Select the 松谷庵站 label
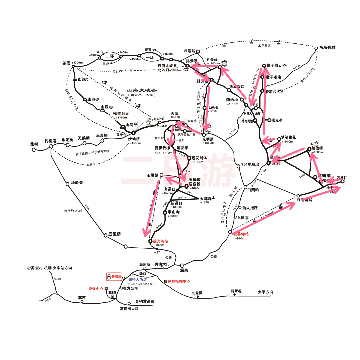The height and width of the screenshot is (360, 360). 328,48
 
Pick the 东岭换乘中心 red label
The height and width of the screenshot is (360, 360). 179,281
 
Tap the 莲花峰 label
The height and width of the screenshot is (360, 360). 199,158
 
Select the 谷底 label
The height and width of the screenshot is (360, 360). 67,63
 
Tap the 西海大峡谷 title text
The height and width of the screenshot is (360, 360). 142,90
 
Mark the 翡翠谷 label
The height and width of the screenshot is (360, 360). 236,291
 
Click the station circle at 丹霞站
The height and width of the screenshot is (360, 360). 198,52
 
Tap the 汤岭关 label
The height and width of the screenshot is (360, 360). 77,183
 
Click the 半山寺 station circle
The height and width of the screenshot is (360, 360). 165,212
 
